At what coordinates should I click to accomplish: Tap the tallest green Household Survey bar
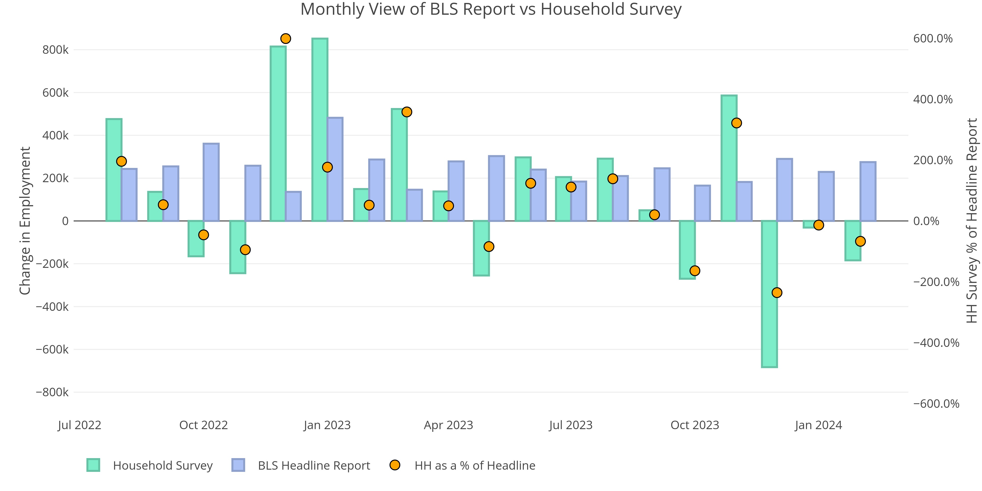319,130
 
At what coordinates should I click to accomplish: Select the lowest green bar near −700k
769,294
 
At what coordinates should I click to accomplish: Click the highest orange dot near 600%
286,39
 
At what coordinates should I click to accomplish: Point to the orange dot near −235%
777,292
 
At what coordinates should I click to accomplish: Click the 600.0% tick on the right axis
932,39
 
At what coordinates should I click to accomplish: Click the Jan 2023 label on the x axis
327,425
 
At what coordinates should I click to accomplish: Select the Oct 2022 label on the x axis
204,425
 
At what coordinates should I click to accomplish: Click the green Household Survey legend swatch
93,465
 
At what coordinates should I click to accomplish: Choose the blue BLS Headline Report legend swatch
238,465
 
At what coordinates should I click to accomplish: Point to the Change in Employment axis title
25,220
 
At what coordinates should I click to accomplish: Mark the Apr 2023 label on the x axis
448,425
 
